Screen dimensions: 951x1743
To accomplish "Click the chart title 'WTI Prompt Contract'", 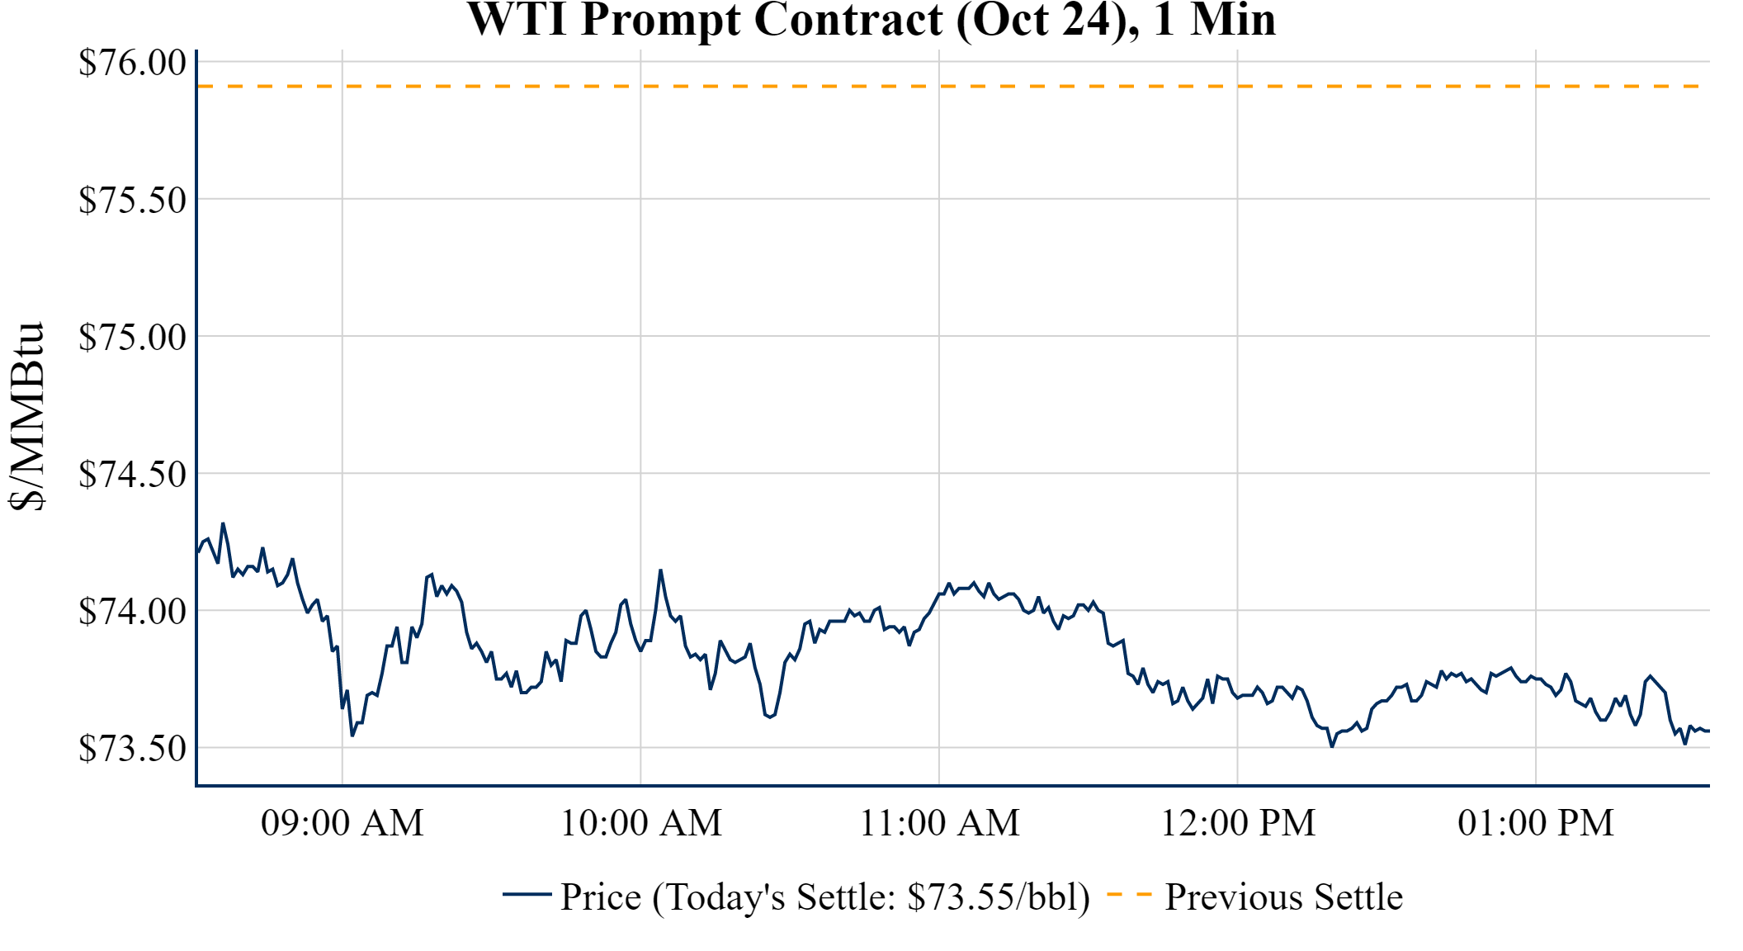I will pos(871,20).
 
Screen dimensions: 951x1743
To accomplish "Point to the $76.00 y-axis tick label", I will pos(132,63).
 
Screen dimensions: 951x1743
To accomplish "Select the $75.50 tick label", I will pos(132,200).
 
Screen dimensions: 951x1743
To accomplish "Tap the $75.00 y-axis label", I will pos(132,337).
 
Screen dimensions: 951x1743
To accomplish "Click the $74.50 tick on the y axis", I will pos(132,474).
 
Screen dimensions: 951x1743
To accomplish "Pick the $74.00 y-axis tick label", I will pos(132,612).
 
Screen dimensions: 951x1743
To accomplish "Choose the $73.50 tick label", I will pos(132,749).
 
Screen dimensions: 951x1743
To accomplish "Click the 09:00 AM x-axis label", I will pos(342,823).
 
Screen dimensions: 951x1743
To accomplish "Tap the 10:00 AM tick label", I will pos(641,823).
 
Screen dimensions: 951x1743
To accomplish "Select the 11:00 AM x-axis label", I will pos(939,823).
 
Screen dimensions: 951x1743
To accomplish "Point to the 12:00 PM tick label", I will pos(1238,823).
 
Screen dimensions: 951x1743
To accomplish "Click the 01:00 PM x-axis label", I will pos(1536,823).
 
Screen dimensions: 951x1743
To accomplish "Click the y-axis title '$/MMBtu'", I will pos(26,416).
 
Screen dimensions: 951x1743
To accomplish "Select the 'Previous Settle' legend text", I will pos(1283,897).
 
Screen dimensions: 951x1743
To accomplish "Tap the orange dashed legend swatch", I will pos(1128,895).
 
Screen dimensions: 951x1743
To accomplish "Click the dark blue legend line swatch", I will pos(527,894).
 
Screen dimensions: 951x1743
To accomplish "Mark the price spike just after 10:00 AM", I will pos(660,570).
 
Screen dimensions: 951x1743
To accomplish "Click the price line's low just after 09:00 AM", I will pos(352,735).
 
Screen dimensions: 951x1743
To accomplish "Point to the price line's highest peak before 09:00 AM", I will pos(223,523).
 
